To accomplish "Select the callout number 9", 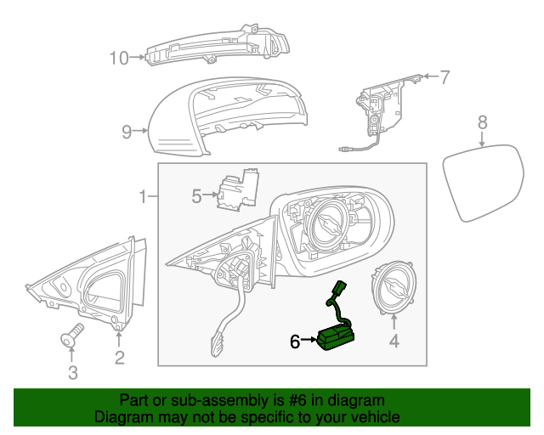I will pyautogui.click(x=127, y=132).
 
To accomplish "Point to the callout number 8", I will pyautogui.click(x=482, y=123).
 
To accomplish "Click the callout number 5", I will pyautogui.click(x=196, y=196).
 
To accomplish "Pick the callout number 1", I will pyautogui.click(x=144, y=197).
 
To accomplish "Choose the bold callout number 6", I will pyautogui.click(x=295, y=342).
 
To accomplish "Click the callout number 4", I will pyautogui.click(x=394, y=344).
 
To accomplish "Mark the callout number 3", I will pyautogui.click(x=72, y=372).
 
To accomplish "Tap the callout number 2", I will pyautogui.click(x=119, y=358).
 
